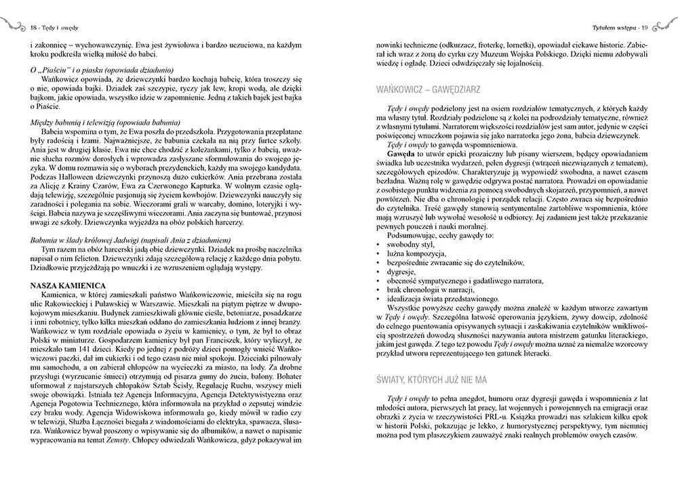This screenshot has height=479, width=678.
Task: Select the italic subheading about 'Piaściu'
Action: tap(102, 70)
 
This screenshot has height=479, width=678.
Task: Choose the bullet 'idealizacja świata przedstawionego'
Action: tap(441, 299)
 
